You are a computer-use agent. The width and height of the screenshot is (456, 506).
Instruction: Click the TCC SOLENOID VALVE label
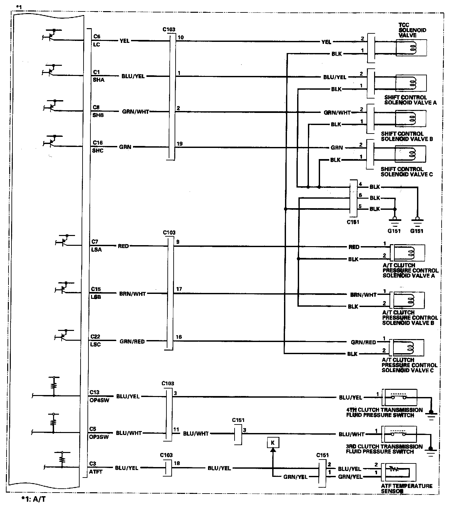point(412,30)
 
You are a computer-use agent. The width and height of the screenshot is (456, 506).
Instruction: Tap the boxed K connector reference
point(273,443)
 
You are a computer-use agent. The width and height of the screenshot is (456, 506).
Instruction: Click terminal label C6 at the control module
point(97,37)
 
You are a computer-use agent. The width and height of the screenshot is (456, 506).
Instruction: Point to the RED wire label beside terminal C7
point(123,246)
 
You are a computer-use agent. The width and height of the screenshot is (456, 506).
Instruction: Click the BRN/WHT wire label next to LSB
point(132,294)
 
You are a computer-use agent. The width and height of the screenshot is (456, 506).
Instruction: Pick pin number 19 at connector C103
point(180,144)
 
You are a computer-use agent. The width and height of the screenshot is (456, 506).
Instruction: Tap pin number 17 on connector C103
point(179,289)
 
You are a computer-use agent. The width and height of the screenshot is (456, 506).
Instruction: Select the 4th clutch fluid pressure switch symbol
point(400,397)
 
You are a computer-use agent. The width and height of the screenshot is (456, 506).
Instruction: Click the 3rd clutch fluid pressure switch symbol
point(400,434)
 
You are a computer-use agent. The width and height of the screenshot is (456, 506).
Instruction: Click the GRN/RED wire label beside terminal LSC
point(132,341)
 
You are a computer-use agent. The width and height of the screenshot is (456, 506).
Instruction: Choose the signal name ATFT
point(96,472)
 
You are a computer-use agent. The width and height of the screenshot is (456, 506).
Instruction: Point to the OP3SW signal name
point(99,436)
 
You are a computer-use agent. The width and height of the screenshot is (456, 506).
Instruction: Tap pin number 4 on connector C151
point(360,184)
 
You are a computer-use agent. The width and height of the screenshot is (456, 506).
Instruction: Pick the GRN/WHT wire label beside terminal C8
point(135,112)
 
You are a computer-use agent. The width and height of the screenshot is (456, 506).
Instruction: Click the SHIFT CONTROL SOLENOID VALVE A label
point(410,100)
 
